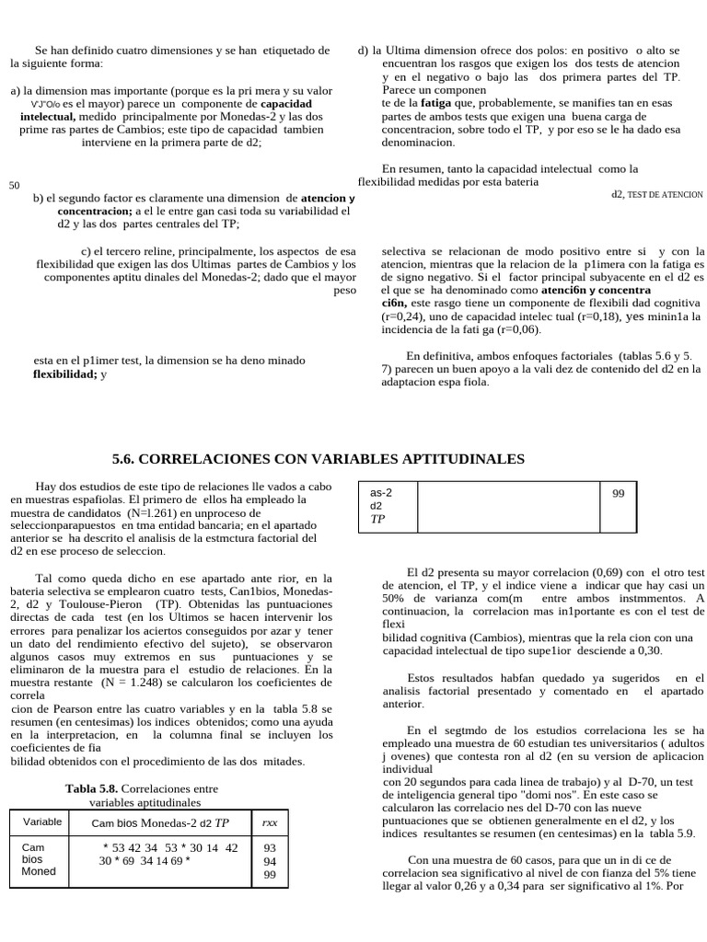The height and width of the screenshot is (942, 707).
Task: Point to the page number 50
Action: (14, 186)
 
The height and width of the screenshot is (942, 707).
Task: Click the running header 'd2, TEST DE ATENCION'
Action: (656, 195)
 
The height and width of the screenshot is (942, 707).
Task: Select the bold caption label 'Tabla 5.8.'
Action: (91, 788)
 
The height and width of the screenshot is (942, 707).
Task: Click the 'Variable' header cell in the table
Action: (42, 821)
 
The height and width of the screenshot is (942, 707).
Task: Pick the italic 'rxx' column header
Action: (270, 821)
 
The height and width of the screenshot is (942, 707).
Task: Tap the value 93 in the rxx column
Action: (270, 848)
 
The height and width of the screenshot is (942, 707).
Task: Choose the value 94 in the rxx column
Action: (270, 861)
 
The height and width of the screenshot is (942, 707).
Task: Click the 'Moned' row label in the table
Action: (39, 871)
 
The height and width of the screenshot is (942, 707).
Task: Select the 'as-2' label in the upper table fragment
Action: (381, 492)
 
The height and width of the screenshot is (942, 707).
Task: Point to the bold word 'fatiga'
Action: (436, 105)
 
